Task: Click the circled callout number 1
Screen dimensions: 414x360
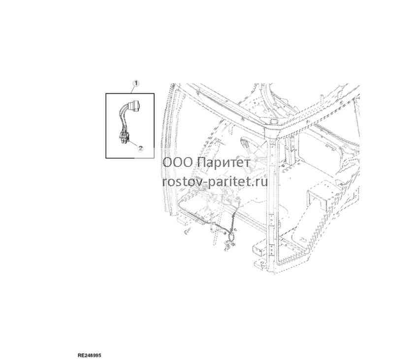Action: (x=136, y=84)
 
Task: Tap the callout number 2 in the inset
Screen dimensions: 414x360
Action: (x=140, y=148)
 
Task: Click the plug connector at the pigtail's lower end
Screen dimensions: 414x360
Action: (x=124, y=137)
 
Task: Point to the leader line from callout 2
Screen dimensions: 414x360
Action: (x=133, y=143)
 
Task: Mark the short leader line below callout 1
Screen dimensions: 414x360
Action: (x=133, y=90)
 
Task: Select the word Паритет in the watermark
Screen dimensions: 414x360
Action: (x=223, y=163)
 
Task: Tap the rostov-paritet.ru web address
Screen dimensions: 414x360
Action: (x=215, y=181)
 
